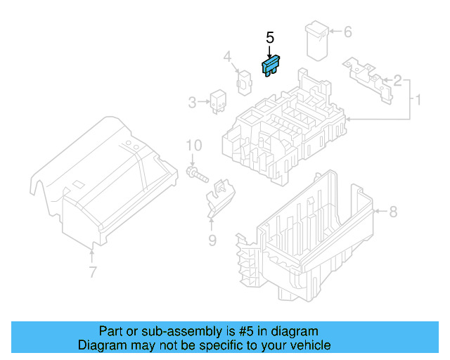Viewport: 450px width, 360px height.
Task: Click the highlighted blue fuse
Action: click(x=270, y=67)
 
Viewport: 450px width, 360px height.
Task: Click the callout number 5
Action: click(x=269, y=38)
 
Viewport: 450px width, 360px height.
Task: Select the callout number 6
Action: click(x=347, y=32)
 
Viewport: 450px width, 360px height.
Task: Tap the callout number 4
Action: click(x=228, y=57)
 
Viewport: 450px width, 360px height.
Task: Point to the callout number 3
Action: click(x=192, y=103)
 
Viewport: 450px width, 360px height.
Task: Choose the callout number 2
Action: click(x=397, y=81)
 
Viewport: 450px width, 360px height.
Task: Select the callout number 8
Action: click(x=393, y=211)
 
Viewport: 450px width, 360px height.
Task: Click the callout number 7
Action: click(x=92, y=272)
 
